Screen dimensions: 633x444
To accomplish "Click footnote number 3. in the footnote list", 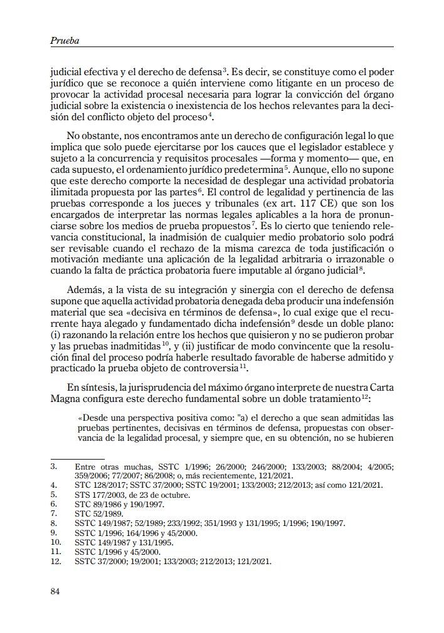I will [x=54, y=466].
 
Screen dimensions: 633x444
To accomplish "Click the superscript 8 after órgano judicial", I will [x=363, y=267].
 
